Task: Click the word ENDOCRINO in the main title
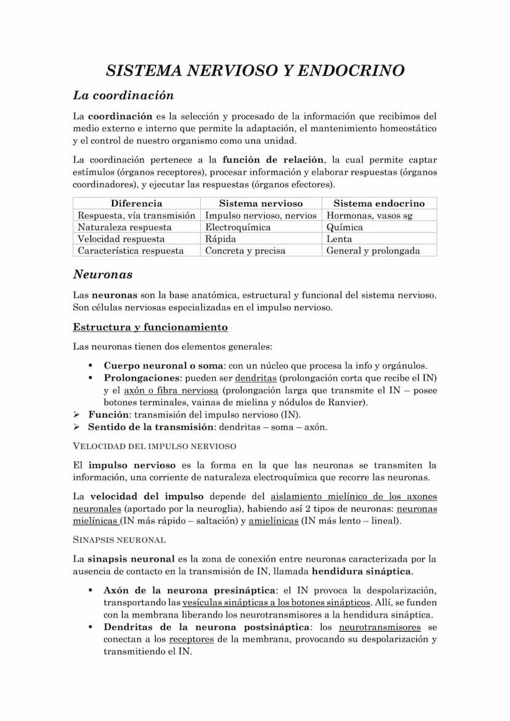[353, 71]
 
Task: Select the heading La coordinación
[123, 95]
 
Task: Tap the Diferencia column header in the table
[136, 203]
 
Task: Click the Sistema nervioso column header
[261, 203]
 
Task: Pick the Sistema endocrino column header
[379, 203]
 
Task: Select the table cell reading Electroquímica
[238, 227]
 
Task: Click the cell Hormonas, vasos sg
[369, 215]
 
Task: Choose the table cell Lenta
[339, 239]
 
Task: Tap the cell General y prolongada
[373, 251]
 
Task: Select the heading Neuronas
[103, 275]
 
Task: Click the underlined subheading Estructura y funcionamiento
[150, 327]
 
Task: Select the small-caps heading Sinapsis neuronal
[119, 540]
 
